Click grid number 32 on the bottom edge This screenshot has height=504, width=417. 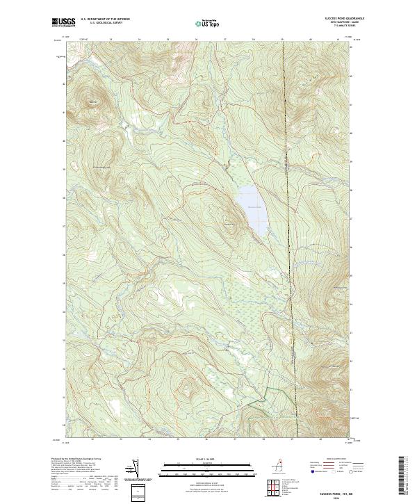pyautogui.click(x=92, y=439)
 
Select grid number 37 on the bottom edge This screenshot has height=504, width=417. pyautogui.click(x=234, y=439)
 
